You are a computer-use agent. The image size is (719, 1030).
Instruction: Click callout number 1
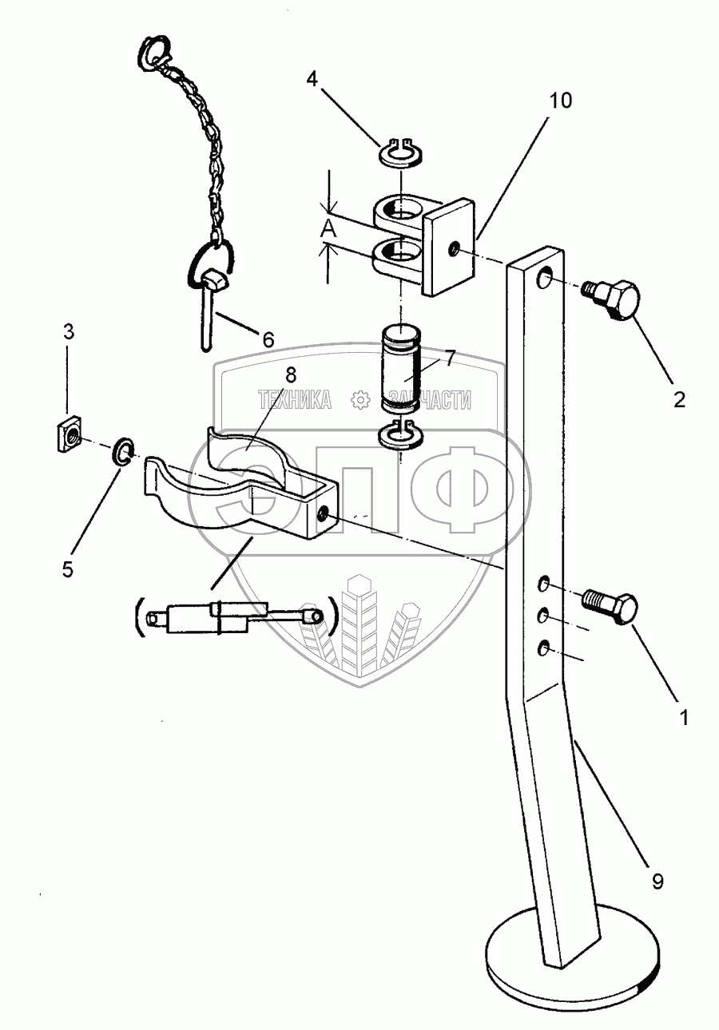683,717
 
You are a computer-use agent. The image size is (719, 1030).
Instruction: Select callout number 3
69,331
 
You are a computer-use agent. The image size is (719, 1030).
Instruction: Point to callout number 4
312,79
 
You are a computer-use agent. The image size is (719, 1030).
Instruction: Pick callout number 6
267,339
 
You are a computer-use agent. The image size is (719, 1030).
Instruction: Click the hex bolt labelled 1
614,608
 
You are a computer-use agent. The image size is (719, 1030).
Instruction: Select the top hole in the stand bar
546,278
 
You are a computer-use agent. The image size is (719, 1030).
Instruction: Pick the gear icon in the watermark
360,399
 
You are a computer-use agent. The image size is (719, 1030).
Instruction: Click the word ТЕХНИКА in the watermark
294,399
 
